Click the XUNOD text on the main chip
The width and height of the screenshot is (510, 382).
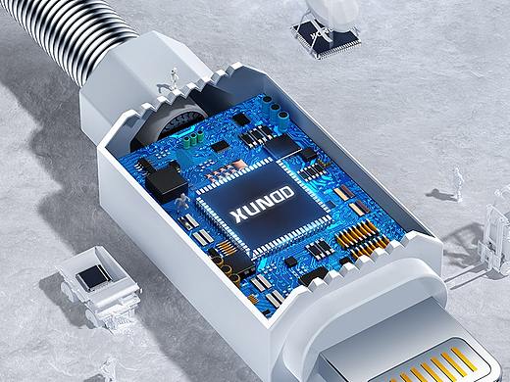tap(262, 205)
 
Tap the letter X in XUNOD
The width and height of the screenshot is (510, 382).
tap(237, 216)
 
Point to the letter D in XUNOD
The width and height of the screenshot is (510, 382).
tap(286, 193)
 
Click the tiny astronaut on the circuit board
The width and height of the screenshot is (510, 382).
tap(181, 201)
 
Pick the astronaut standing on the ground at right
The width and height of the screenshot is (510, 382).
tap(457, 183)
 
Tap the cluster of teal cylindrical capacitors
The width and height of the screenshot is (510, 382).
tap(276, 109)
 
